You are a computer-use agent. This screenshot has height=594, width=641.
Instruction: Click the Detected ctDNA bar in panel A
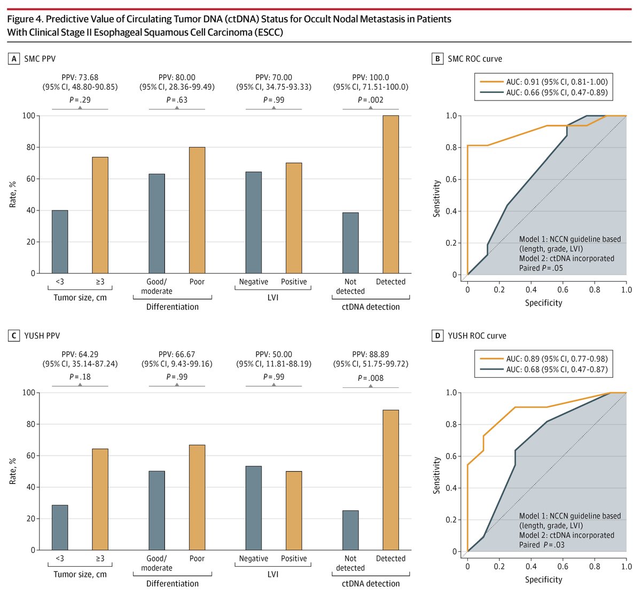390,194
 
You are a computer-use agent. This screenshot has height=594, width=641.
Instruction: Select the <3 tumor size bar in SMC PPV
60,241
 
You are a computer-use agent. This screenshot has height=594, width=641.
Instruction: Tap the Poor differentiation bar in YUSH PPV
197,497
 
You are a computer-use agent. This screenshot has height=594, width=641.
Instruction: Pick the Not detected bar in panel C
350,530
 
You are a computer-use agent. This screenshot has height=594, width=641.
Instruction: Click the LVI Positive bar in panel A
293,218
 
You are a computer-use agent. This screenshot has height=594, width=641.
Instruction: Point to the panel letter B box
437,59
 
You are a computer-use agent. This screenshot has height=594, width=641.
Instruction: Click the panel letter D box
437,335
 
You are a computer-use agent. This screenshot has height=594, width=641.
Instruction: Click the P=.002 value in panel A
370,100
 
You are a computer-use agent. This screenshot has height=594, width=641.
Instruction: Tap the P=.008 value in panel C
370,378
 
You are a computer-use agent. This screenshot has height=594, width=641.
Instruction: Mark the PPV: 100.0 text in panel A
370,77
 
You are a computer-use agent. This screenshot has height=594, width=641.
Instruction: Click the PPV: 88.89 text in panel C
370,354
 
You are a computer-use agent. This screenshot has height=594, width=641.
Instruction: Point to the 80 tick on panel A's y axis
30,147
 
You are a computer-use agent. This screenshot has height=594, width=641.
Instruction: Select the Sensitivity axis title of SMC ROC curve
436,198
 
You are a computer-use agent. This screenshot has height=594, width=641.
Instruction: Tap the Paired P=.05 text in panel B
541,268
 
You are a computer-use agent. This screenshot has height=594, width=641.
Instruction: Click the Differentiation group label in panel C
173,584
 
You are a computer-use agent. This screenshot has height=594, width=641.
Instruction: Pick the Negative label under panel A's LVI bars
253,282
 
